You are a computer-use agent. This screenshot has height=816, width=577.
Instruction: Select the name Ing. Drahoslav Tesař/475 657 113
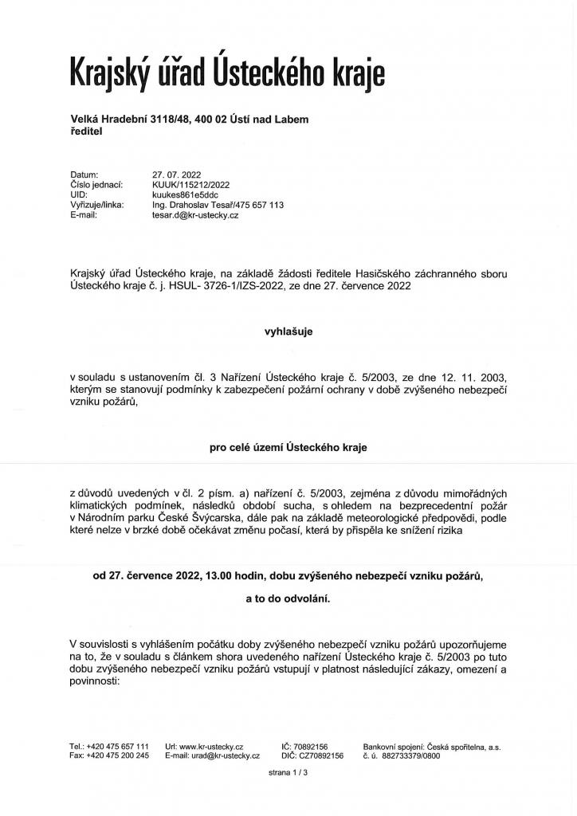pyautogui.click(x=218, y=205)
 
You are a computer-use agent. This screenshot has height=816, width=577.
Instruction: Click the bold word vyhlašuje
pyautogui.click(x=288, y=331)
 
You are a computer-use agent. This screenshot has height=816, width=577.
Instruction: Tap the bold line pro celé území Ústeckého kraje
pyautogui.click(x=288, y=449)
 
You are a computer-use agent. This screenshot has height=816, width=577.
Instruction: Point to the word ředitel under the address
pyautogui.click(x=87, y=131)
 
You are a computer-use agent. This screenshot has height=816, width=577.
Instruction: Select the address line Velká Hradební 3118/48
pyautogui.click(x=130, y=120)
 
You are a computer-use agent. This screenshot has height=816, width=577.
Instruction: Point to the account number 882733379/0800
pyautogui.click(x=412, y=755)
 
